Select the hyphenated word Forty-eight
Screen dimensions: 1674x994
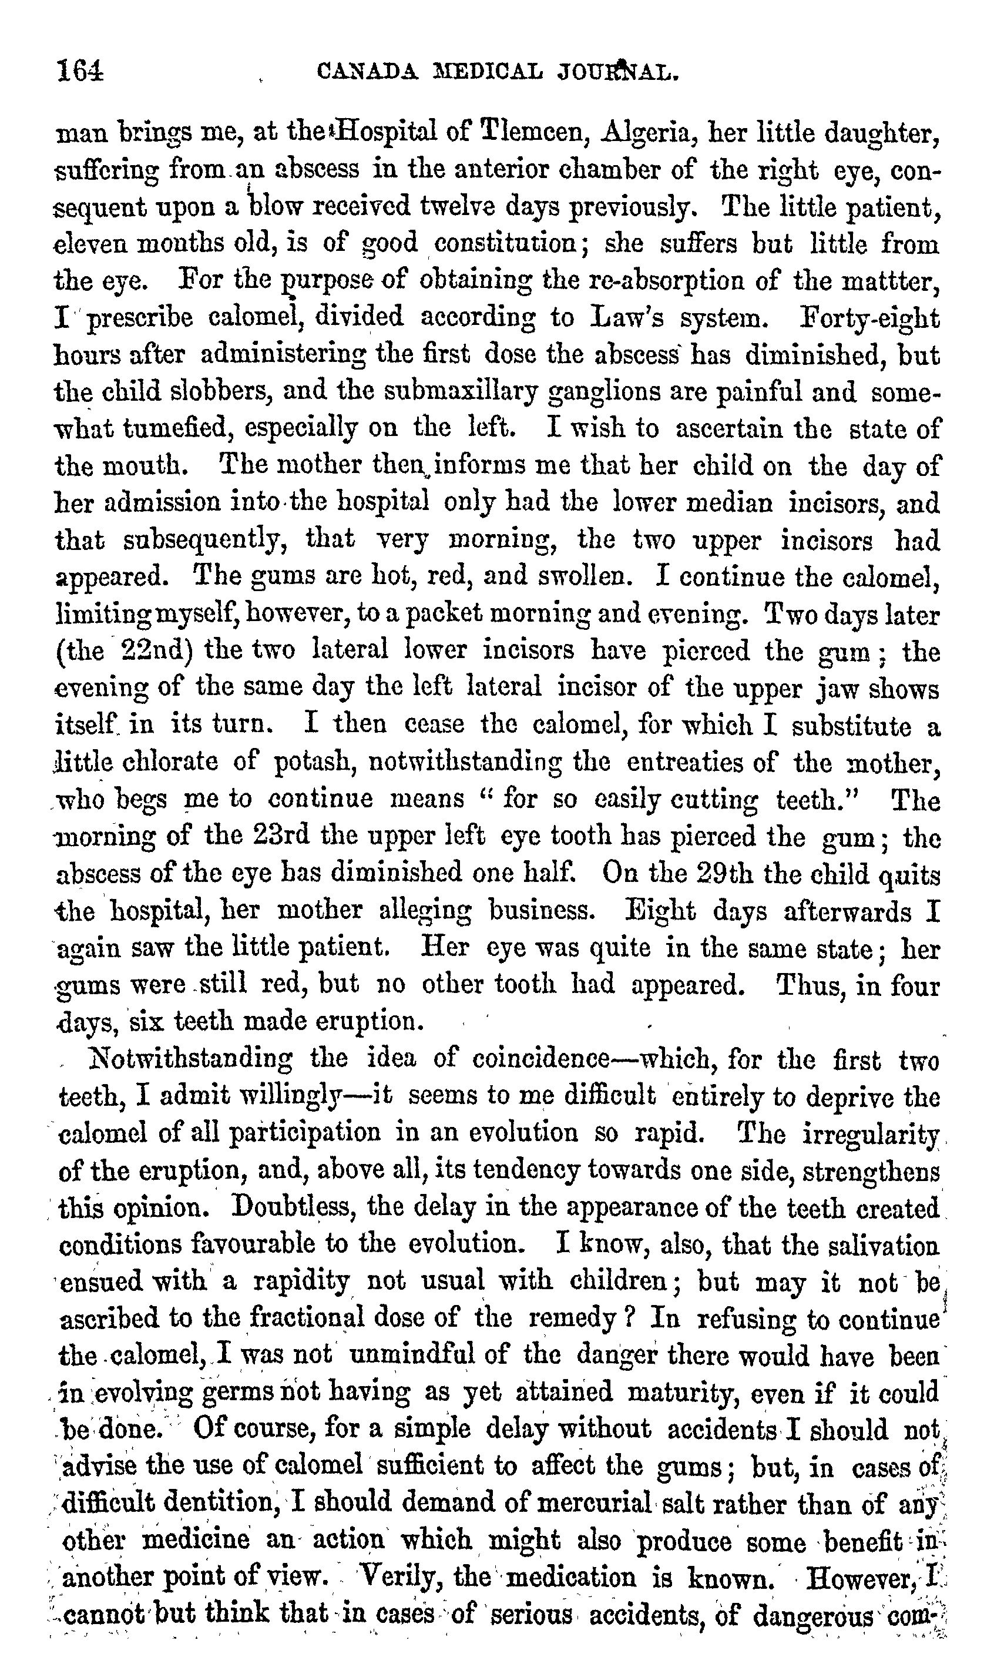(870, 317)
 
